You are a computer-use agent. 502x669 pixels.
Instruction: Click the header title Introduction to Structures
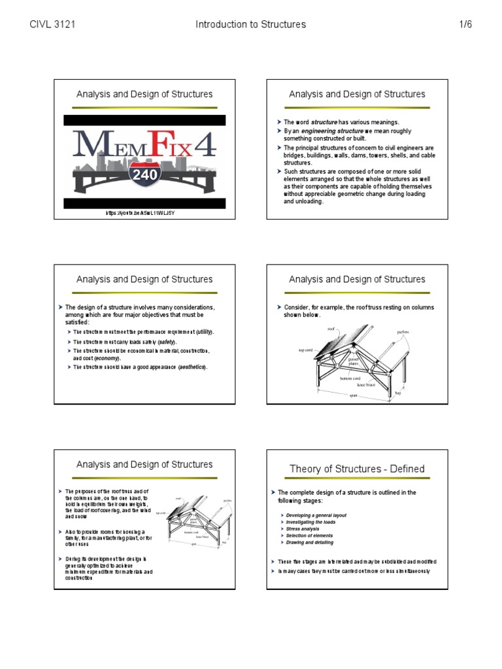click(x=250, y=25)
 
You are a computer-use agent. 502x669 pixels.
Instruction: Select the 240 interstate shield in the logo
click(x=144, y=176)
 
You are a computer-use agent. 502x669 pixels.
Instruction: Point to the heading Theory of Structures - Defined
click(x=357, y=468)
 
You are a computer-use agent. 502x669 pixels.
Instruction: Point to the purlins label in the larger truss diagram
click(x=403, y=333)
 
